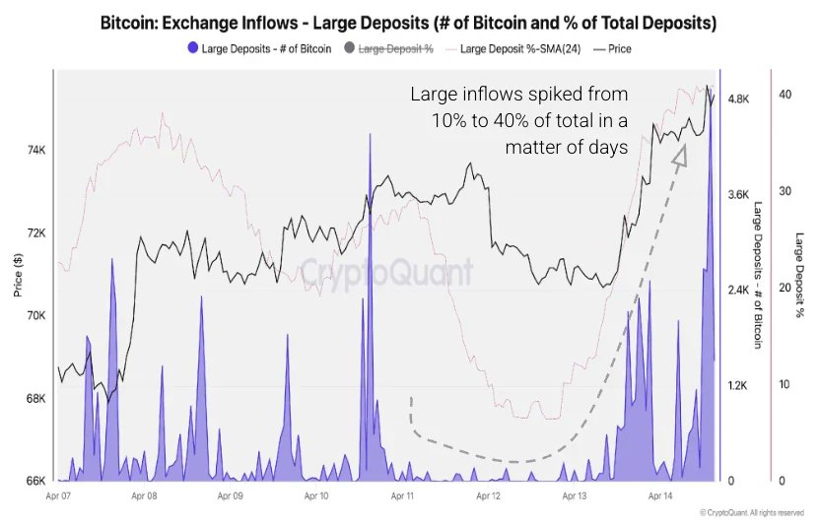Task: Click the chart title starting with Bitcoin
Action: click(x=409, y=23)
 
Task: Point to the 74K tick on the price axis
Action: click(x=34, y=151)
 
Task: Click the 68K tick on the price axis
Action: click(x=34, y=399)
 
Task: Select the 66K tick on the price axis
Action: click(x=34, y=481)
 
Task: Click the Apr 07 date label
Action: click(x=60, y=497)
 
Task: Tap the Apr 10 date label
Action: click(x=317, y=497)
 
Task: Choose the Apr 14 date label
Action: click(x=659, y=497)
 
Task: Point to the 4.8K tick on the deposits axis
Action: click(x=739, y=99)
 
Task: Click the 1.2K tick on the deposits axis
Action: click(x=739, y=386)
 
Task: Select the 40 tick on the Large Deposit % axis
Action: click(x=785, y=95)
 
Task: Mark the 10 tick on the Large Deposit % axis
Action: click(x=785, y=384)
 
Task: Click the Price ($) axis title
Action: click(x=18, y=276)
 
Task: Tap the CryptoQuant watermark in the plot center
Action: click(x=386, y=272)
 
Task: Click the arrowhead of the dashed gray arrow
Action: click(x=679, y=155)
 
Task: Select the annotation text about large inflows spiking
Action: click(x=518, y=121)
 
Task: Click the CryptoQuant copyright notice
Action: click(x=752, y=513)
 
